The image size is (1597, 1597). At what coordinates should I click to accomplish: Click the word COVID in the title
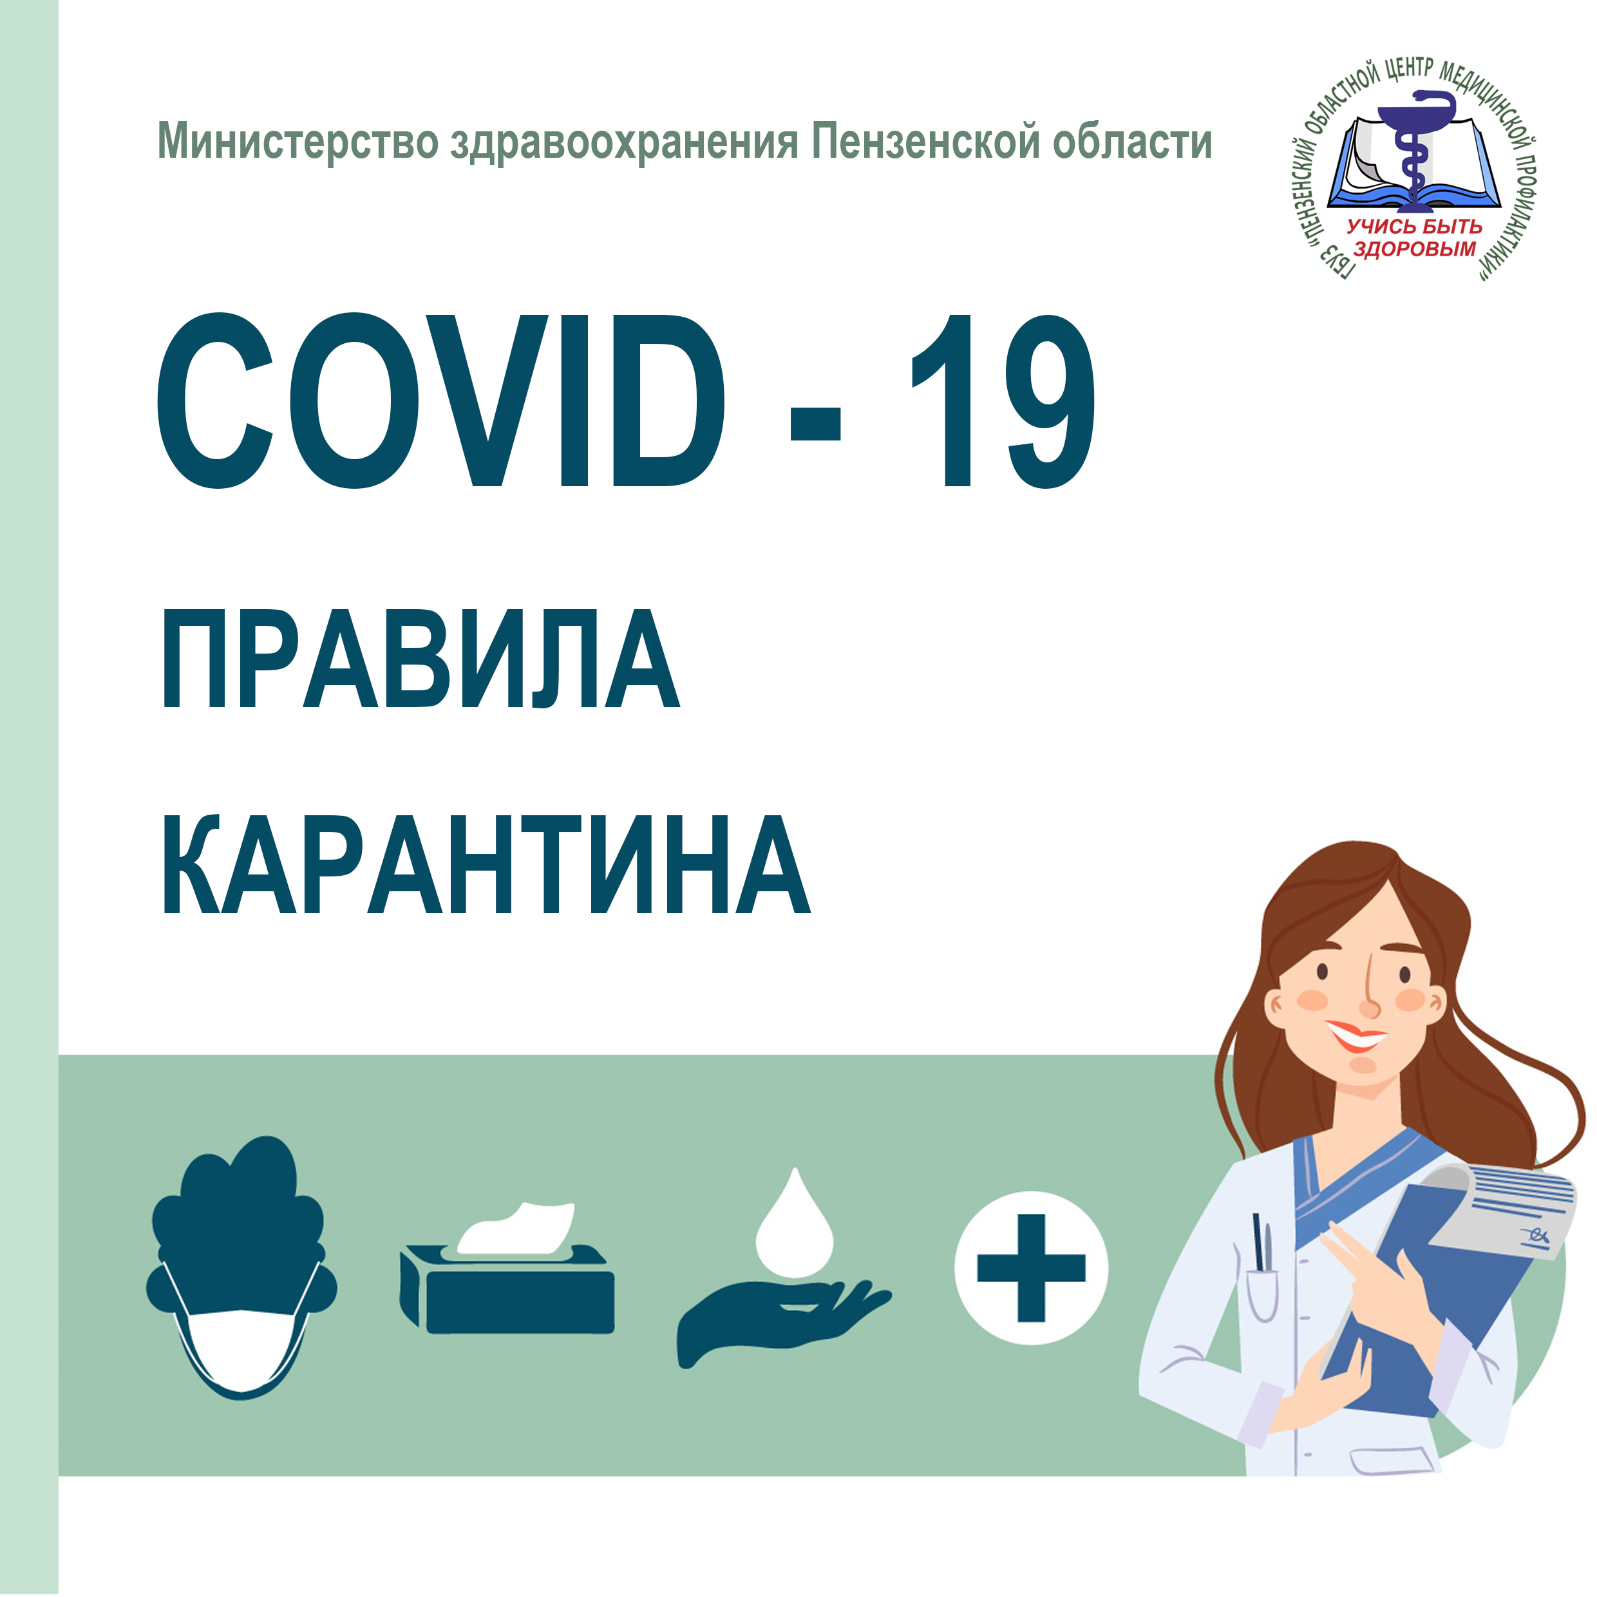[x=441, y=400]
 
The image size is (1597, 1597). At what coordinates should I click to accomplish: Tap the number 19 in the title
[x=1003, y=400]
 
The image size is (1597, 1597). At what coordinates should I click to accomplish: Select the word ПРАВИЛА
[x=421, y=659]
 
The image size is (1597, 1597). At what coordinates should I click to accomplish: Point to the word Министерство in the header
[x=298, y=142]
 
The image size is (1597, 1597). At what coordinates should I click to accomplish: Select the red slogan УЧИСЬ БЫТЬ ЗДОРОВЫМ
[x=1414, y=237]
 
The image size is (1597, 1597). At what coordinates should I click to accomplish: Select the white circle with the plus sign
[x=1031, y=1267]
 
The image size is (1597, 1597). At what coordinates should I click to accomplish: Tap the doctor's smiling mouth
[x=1357, y=1035]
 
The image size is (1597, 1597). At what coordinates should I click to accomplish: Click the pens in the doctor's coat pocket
[x=1262, y=1242]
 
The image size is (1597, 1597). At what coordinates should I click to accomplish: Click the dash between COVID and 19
[x=816, y=423]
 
